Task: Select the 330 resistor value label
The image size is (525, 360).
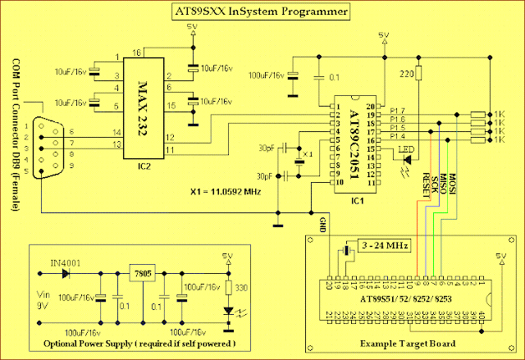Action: click(240, 288)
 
